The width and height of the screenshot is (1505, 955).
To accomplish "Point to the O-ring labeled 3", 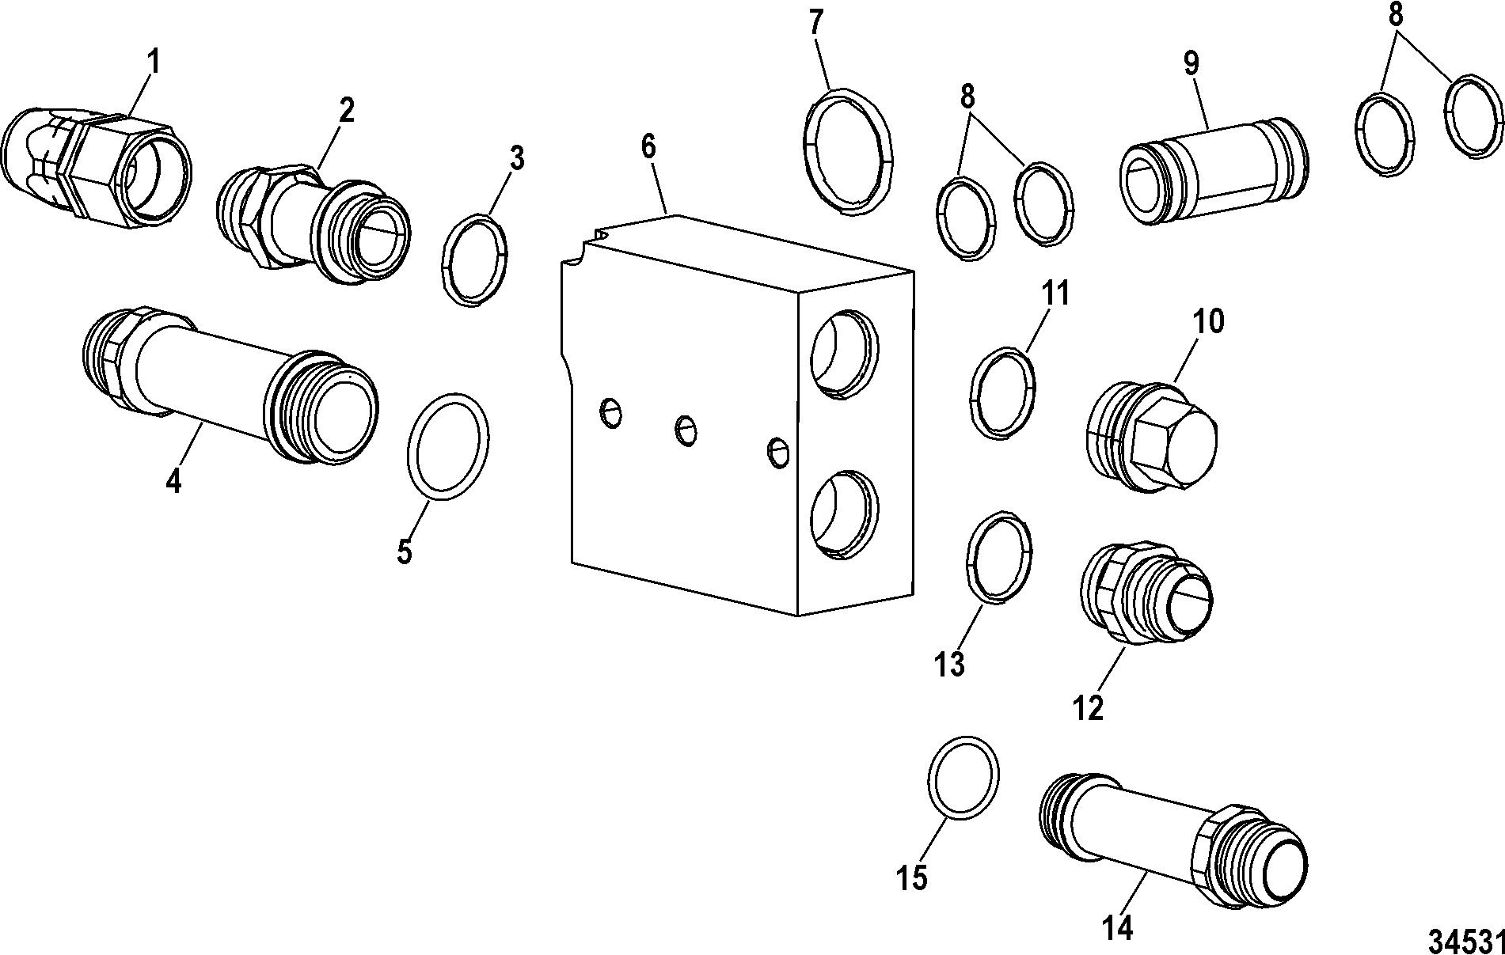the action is [x=473, y=259].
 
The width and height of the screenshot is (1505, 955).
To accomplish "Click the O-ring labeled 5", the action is [x=448, y=446].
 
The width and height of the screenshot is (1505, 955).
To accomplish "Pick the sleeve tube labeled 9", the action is [x=1215, y=171].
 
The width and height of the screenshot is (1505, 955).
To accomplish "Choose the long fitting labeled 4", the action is [x=230, y=386].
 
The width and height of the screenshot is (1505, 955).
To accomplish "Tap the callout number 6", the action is [x=649, y=147].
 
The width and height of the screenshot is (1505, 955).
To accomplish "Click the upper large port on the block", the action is [x=844, y=353].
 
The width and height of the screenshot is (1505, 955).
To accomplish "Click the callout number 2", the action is [x=346, y=111].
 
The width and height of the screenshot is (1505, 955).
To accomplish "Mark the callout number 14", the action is [x=1119, y=927].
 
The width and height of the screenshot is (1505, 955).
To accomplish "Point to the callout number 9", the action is [x=1191, y=64].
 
